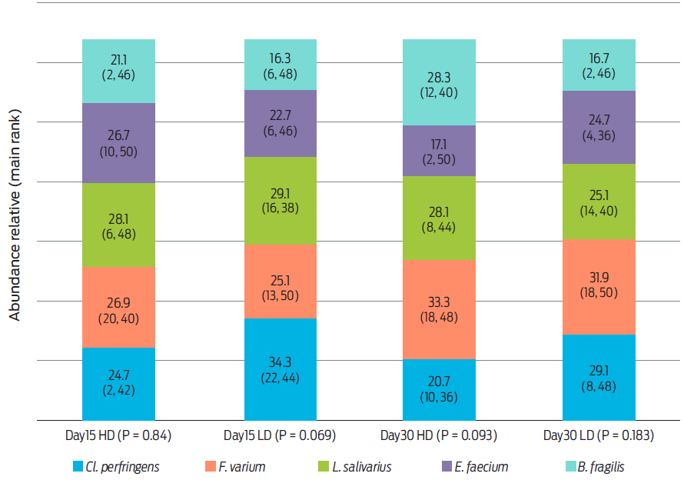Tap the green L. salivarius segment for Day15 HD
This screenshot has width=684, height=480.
click(118, 225)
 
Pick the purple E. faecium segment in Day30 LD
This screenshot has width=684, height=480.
click(599, 127)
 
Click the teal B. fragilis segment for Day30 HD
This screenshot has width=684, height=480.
click(439, 82)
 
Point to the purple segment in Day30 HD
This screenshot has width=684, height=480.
click(439, 151)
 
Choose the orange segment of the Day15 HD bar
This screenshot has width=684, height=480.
click(118, 307)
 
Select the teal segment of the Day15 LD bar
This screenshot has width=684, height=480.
click(281, 65)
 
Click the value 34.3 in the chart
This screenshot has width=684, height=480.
click(281, 362)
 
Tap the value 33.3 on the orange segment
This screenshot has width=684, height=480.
click(439, 302)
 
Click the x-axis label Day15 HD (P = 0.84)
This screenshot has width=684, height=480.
click(118, 436)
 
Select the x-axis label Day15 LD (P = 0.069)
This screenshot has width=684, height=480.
click(281, 436)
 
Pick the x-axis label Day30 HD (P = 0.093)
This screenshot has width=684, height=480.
click(439, 436)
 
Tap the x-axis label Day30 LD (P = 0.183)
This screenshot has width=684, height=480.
click(599, 436)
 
